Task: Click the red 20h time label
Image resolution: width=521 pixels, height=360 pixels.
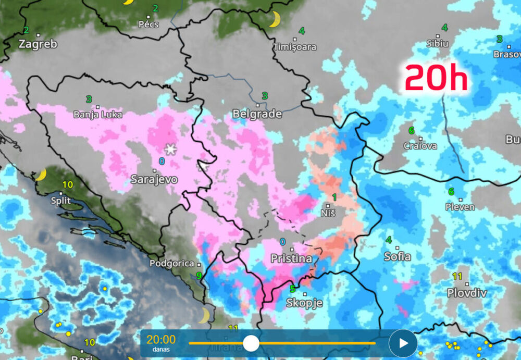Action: (x=436, y=78)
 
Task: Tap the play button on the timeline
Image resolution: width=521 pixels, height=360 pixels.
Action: (x=403, y=343)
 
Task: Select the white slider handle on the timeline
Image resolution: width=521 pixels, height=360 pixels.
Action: (x=251, y=343)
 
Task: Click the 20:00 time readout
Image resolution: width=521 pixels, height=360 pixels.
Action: (x=161, y=340)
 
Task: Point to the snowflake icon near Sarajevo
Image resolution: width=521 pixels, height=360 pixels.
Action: (x=170, y=148)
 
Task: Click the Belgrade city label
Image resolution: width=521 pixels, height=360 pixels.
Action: (x=257, y=114)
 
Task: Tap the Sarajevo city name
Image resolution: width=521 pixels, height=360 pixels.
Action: (x=154, y=179)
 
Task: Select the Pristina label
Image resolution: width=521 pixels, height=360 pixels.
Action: (x=291, y=258)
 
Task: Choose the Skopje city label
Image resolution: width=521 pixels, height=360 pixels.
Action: (x=305, y=303)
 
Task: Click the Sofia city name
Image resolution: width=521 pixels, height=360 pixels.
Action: (x=397, y=256)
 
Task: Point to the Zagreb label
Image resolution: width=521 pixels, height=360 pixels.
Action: (x=38, y=44)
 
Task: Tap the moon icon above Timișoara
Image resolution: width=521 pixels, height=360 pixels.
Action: (x=274, y=20)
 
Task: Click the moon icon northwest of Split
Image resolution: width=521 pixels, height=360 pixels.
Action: (x=41, y=175)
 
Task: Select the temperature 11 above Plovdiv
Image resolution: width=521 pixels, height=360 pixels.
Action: (x=457, y=276)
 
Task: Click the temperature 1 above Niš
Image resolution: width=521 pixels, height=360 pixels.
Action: (x=334, y=196)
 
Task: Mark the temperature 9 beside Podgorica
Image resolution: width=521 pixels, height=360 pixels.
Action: (x=199, y=276)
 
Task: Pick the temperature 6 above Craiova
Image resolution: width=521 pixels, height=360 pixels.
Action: (x=411, y=130)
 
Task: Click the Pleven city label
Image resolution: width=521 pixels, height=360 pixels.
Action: (x=460, y=207)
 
